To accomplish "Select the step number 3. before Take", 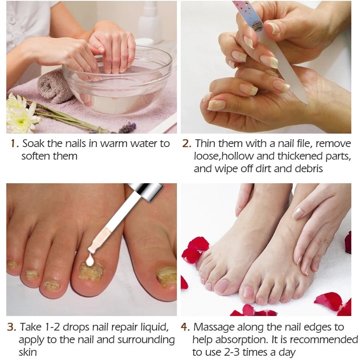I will point(12,327).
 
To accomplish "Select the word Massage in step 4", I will point(214,327).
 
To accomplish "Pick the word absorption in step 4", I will point(234,340).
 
